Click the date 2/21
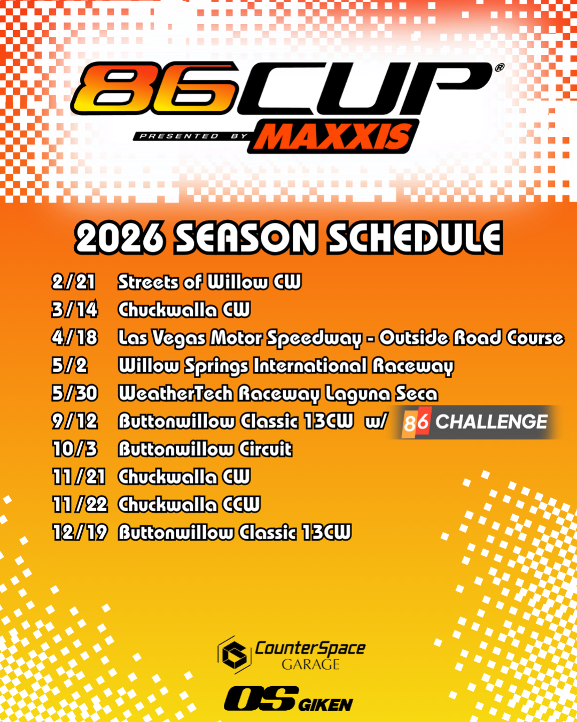tap(74, 282)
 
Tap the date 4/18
tap(75, 337)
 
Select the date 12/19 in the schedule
tap(80, 533)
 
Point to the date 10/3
tap(75, 449)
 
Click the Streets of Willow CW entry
tap(209, 282)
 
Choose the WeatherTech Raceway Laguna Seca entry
tap(278, 394)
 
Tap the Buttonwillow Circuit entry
tap(205, 449)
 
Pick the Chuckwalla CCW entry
tap(189, 504)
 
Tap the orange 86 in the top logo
tap(155, 88)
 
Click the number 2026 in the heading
tap(120, 238)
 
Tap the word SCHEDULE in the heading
tap(415, 238)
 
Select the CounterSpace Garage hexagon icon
tap(235, 655)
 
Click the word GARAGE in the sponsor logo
tap(310, 665)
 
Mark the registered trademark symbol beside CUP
tap(499, 68)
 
